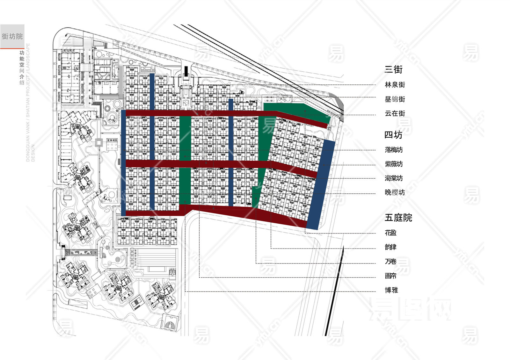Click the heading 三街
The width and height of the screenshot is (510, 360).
[393, 69]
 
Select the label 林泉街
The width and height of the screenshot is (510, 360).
[395, 85]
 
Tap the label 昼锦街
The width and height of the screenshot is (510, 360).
[395, 99]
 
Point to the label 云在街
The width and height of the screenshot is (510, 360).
[395, 113]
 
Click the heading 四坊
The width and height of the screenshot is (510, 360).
[393, 135]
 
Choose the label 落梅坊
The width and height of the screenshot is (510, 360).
[394, 150]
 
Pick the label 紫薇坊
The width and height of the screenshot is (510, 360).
[394, 164]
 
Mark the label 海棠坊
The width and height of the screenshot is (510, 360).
[394, 178]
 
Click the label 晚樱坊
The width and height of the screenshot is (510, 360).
[395, 192]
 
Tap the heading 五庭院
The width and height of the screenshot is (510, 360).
[398, 218]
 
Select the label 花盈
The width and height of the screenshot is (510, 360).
[390, 233]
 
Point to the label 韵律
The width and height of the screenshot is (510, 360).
[390, 247]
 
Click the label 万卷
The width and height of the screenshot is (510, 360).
[390, 262]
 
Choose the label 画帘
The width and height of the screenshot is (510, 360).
[390, 276]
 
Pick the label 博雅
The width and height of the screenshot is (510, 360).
[391, 290]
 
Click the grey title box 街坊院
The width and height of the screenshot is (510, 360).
[12, 36]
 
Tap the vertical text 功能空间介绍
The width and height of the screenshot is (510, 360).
[22, 68]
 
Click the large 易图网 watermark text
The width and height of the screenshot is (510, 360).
[410, 309]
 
